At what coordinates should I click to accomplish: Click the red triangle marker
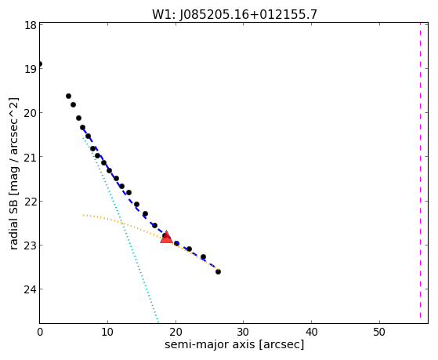tap(166, 237)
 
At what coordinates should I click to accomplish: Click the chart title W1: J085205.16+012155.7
tap(234, 15)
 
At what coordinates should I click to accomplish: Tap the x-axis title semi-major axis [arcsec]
tap(234, 344)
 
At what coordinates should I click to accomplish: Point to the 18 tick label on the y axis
tap(31, 25)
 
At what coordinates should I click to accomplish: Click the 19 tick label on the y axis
tap(31, 69)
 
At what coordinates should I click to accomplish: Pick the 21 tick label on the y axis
tap(31, 157)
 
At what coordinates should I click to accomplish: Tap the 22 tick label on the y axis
tap(31, 202)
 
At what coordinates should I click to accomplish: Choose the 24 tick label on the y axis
tap(31, 289)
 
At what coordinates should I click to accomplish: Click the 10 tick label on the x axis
tap(107, 332)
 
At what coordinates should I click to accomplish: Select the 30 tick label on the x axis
tap(244, 332)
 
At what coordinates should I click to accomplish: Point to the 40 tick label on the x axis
tap(312, 332)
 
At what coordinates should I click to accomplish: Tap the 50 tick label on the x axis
tap(379, 332)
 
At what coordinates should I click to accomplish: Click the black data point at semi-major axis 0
tap(40, 64)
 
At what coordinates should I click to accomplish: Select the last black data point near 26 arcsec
tap(218, 271)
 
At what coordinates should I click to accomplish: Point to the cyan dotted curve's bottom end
tap(158, 322)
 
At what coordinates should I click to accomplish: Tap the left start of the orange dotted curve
tap(83, 215)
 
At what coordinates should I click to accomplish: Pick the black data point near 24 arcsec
tap(204, 256)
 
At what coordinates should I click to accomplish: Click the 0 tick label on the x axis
tap(40, 332)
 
